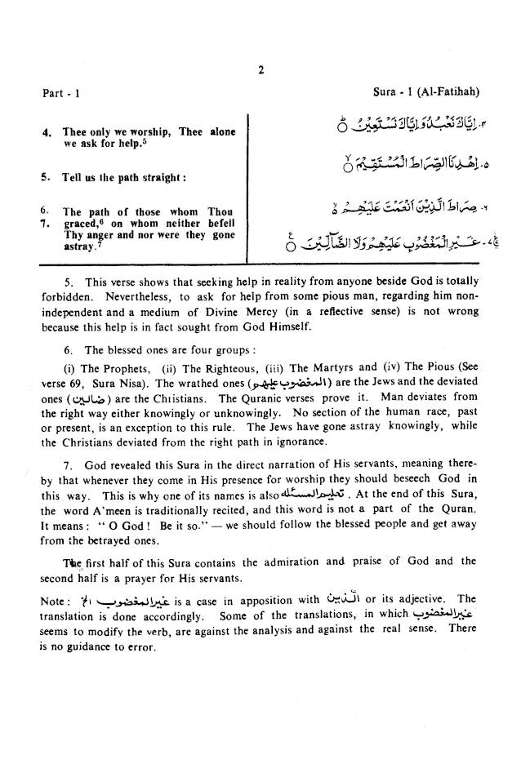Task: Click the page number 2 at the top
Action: (x=260, y=70)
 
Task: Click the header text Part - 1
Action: (x=61, y=93)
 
